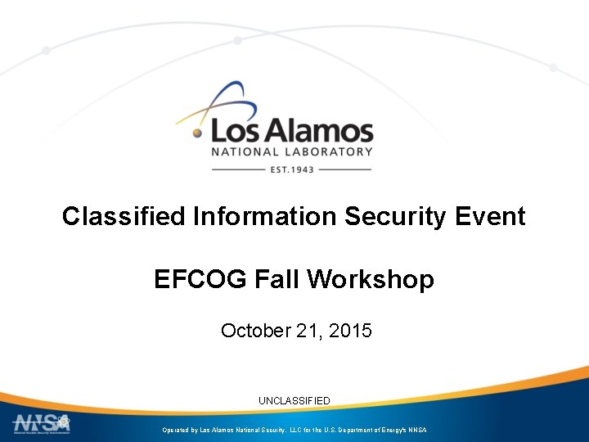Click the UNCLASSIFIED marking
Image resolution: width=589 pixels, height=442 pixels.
tap(294, 401)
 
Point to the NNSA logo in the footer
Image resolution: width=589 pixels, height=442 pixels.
tap(41, 424)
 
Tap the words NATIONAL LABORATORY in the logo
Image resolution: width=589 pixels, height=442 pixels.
tap(292, 151)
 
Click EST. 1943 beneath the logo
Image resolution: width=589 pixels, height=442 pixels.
tap(292, 169)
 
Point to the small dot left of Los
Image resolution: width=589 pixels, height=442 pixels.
tap(197, 131)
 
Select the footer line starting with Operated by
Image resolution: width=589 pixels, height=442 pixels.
tap(294, 430)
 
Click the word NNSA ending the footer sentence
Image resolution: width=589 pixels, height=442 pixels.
tap(416, 430)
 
